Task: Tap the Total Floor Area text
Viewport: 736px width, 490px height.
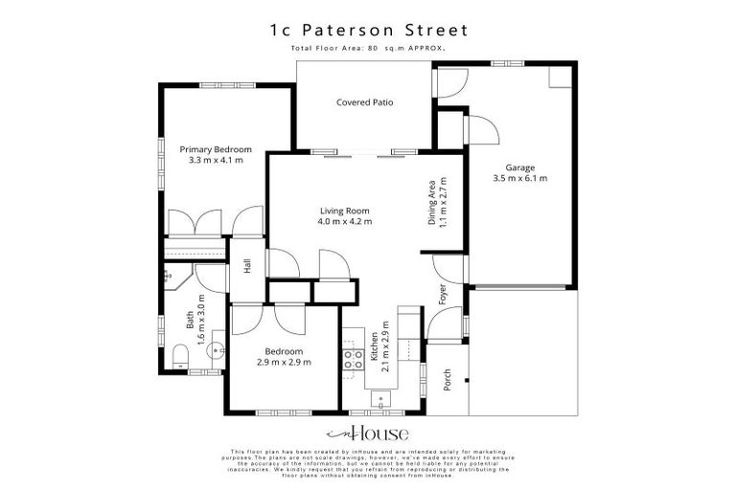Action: (x=367, y=48)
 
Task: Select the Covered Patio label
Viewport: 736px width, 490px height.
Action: (x=365, y=102)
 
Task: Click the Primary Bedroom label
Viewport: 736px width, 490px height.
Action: (x=216, y=149)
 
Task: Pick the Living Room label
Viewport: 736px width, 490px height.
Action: (x=344, y=211)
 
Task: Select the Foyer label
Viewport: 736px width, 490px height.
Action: (x=443, y=295)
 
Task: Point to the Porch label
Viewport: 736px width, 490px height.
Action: (x=447, y=380)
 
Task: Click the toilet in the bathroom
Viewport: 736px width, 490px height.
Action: (x=179, y=357)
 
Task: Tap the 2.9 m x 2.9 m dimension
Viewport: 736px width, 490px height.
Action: (x=284, y=362)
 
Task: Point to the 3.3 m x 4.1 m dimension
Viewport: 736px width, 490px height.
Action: (x=216, y=160)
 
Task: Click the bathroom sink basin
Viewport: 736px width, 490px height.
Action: (x=218, y=349)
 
